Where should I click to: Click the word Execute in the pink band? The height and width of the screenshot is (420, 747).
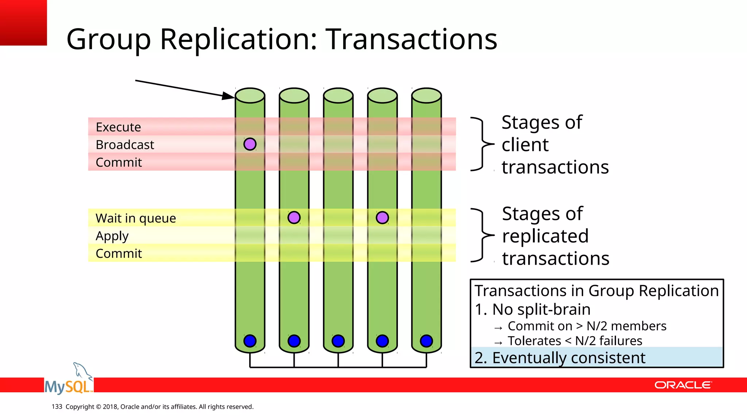click(x=118, y=127)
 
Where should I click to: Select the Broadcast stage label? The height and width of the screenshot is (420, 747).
click(x=125, y=145)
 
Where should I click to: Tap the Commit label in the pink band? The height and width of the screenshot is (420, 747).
click(x=119, y=162)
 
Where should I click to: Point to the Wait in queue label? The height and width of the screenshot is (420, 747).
click(x=136, y=218)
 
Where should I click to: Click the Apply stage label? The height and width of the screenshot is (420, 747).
click(x=112, y=236)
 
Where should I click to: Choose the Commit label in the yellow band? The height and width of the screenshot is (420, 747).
click(x=119, y=253)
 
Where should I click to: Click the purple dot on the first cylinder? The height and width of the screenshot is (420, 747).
click(x=250, y=144)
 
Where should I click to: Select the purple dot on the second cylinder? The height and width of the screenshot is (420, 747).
click(x=294, y=218)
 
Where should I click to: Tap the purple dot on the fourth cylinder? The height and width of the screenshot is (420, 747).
click(x=382, y=218)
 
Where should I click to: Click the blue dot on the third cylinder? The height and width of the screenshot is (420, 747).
click(x=338, y=341)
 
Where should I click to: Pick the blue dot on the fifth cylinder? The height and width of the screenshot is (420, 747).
click(x=426, y=341)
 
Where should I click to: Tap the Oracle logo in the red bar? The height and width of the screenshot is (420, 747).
click(x=683, y=385)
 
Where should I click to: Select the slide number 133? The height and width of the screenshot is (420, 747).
click(x=57, y=407)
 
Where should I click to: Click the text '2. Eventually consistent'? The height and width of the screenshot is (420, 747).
click(x=560, y=358)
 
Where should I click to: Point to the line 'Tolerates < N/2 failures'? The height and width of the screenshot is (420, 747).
click(x=574, y=341)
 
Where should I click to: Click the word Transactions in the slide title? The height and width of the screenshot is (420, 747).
click(x=411, y=39)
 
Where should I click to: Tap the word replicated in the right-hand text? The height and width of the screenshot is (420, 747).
click(x=545, y=236)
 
